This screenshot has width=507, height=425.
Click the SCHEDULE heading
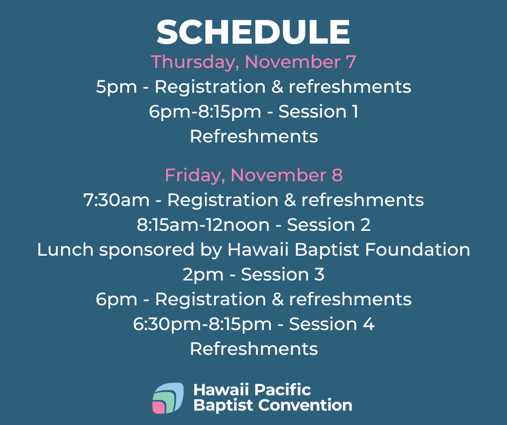point(253,32)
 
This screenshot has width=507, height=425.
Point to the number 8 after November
point(337,175)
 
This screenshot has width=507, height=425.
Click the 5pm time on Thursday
point(117,87)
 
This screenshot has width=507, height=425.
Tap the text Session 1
point(318,112)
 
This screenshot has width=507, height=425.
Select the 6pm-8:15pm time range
point(205,112)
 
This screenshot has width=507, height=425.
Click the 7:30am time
point(117,200)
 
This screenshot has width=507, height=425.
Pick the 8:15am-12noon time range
point(203,225)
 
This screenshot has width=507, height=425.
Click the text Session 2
point(328,225)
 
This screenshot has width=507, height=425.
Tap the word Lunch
point(65,250)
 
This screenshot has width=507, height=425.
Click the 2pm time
point(203,275)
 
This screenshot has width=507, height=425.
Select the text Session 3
point(283,275)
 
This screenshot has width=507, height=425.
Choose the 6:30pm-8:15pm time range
point(202,324)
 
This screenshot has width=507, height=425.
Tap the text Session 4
point(332,324)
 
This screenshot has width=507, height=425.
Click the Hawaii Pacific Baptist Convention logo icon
point(168,398)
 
